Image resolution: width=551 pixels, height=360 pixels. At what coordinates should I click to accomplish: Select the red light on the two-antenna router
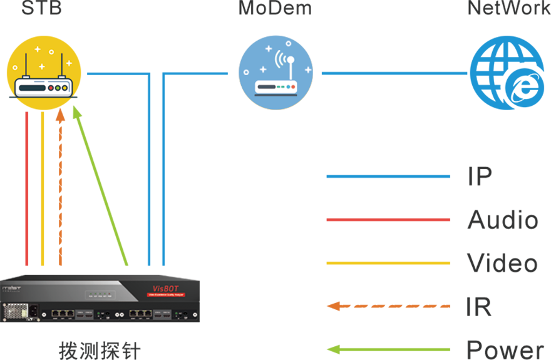click(x=50, y=88)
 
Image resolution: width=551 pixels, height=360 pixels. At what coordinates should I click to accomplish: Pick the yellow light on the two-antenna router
click(x=58, y=88)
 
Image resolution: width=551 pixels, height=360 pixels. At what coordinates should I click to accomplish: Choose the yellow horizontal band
click(x=357, y=262)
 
